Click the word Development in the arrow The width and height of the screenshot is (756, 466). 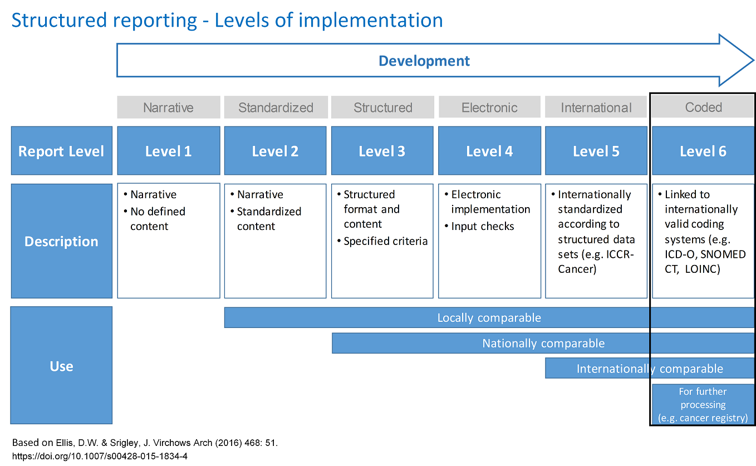point(424,61)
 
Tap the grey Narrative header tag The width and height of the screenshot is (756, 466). point(169,107)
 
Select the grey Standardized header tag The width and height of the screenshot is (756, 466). point(276,107)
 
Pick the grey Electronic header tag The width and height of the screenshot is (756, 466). point(489,107)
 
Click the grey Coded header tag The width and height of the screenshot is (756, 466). point(703,107)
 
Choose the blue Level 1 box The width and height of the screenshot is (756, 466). point(169,151)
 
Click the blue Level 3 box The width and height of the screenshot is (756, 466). point(382,151)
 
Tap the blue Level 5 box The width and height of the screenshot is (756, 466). point(596,151)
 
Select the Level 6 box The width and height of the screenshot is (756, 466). point(703,151)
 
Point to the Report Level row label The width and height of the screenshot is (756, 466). point(61,151)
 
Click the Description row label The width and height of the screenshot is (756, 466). point(61,241)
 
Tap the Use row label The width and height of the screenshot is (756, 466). point(61,365)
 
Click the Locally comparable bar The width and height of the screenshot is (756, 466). point(489,317)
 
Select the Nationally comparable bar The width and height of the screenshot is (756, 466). point(543,343)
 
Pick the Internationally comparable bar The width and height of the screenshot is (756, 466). point(650,369)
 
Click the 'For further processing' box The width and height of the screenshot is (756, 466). point(703,404)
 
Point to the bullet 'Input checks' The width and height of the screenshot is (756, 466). point(479,226)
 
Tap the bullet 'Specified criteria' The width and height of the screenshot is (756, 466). point(382,241)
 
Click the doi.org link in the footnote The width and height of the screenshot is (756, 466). point(100,456)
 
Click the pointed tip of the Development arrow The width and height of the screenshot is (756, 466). point(753,60)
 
